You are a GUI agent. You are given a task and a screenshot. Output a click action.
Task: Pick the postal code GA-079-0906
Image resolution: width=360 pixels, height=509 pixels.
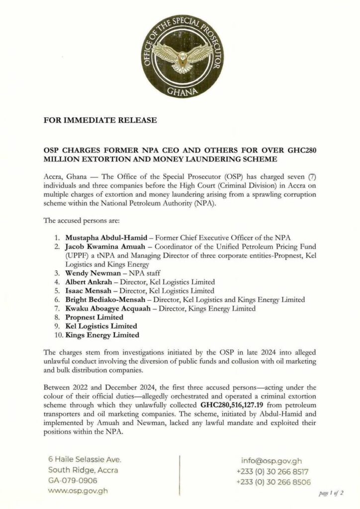pos(73,481)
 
